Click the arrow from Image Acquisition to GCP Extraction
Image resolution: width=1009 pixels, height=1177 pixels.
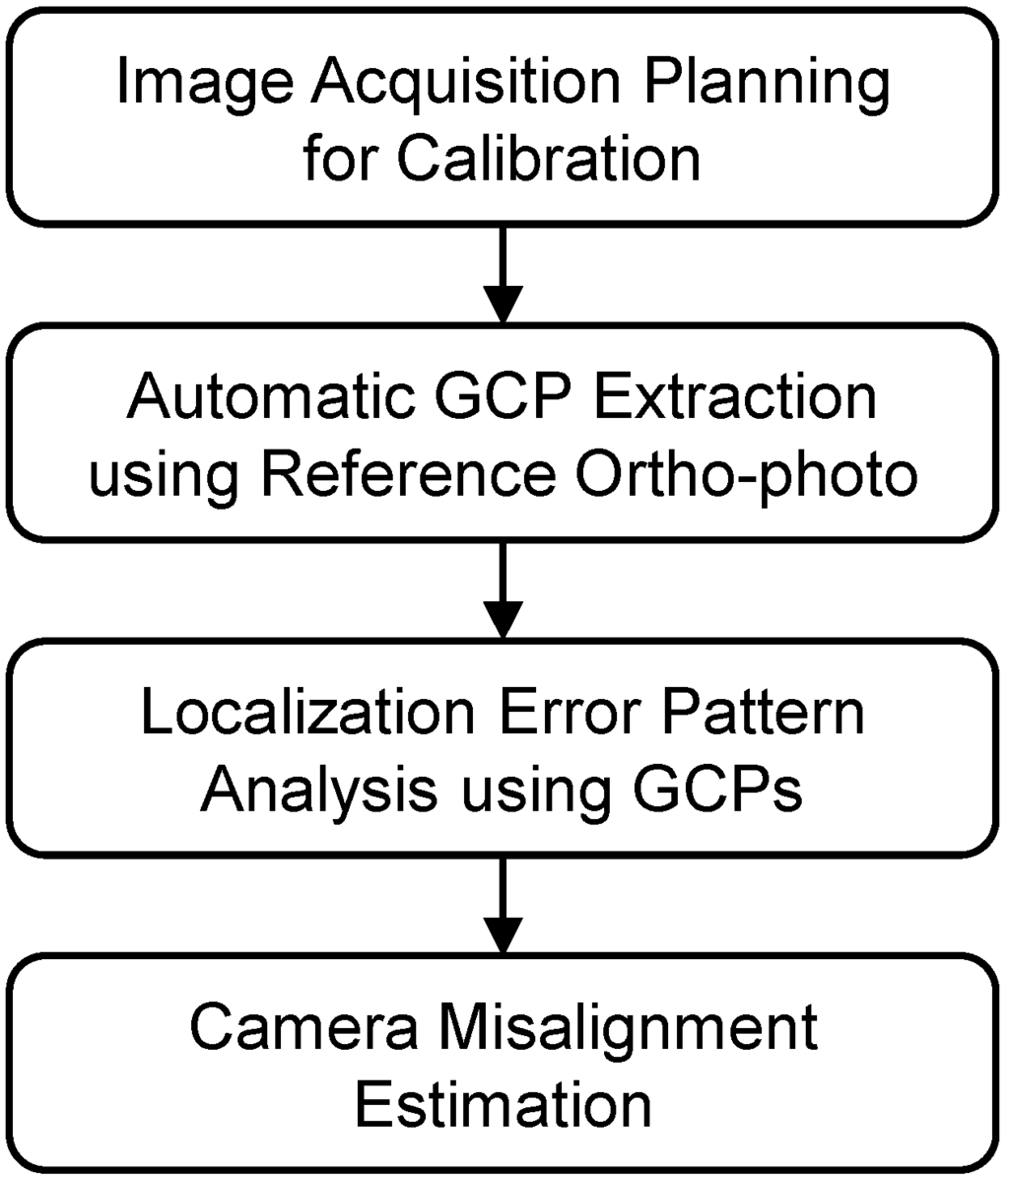pos(504,273)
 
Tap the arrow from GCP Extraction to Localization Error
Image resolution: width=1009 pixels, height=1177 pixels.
pos(504,588)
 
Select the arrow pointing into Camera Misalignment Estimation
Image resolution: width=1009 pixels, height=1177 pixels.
pos(504,904)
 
